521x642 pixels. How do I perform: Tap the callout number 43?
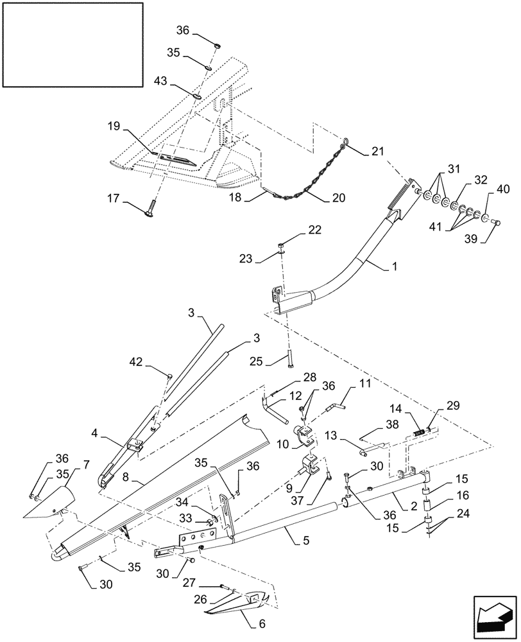tap(162, 81)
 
